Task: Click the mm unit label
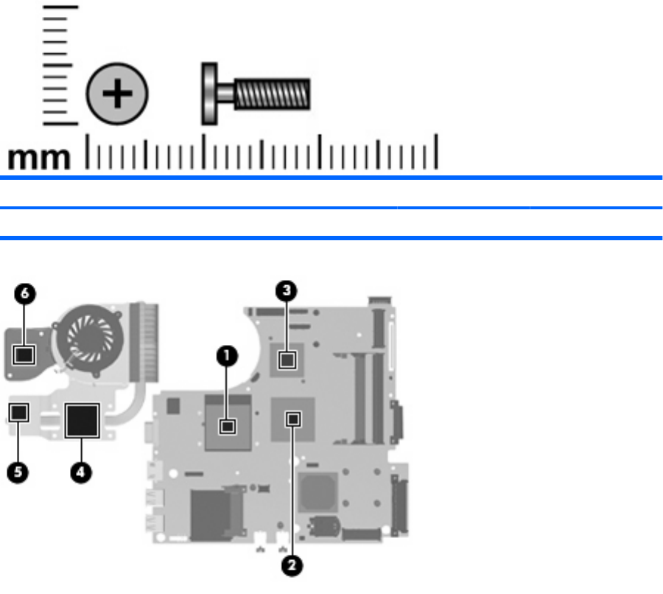(39, 158)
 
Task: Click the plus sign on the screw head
(117, 94)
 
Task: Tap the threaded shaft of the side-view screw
(272, 94)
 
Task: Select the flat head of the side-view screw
(209, 94)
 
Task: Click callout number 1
(227, 356)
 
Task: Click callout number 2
(292, 566)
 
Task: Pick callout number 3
(287, 290)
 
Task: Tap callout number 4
(81, 472)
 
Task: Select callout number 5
(18, 472)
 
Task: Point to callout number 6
(25, 293)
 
